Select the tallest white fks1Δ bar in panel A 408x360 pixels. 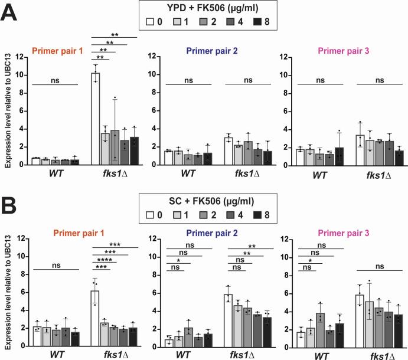(x=95, y=119)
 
